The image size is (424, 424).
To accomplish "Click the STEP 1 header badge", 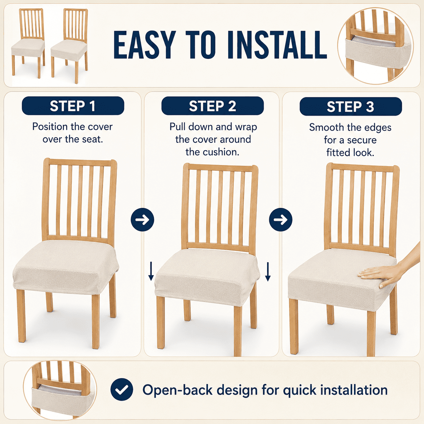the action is [73, 106].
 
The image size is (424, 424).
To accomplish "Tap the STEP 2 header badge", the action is [212, 106].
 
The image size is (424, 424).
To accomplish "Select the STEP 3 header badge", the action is [351, 107].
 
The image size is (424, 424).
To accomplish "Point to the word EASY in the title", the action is [145, 45].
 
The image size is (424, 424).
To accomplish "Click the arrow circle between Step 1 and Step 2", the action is [142, 219].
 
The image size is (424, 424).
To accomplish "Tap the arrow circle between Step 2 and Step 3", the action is [281, 219].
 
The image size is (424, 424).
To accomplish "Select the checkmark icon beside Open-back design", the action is [122, 390].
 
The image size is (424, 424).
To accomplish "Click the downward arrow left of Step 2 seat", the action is [151, 271].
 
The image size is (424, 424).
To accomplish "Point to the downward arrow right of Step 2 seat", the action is [268, 272].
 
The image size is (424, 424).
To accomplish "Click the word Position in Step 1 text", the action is [50, 127].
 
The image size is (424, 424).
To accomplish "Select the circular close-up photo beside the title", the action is [375, 46].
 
